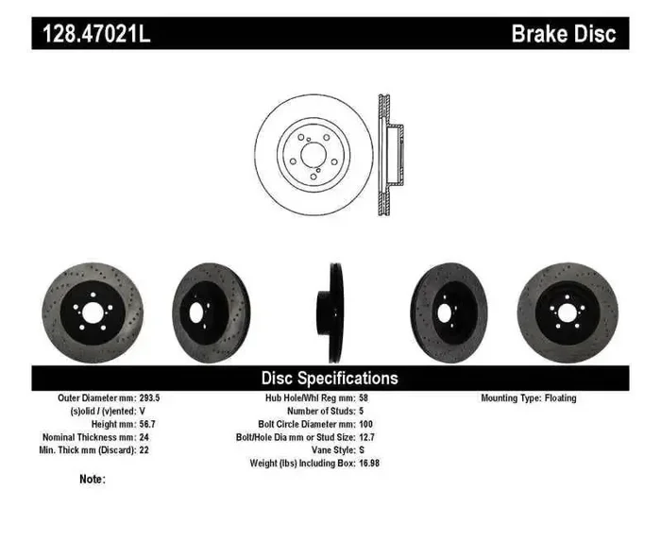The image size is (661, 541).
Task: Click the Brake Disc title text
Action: click(x=563, y=34)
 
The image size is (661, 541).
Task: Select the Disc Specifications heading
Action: click(x=330, y=378)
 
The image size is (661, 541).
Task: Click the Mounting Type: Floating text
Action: click(x=528, y=398)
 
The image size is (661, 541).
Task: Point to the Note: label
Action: click(x=93, y=480)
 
